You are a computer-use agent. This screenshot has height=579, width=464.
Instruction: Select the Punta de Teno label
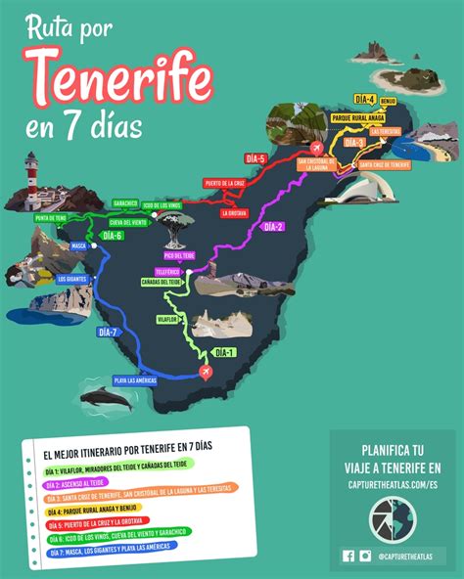tap(51, 217)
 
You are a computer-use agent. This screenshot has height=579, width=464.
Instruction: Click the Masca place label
tap(79, 245)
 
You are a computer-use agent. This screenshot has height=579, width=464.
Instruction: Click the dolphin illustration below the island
tap(102, 397)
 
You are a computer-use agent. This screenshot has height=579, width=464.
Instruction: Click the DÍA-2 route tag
tap(272, 227)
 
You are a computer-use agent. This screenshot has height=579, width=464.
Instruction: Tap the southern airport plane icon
tap(206, 372)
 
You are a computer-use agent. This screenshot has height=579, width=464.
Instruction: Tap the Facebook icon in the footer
tap(348, 557)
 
